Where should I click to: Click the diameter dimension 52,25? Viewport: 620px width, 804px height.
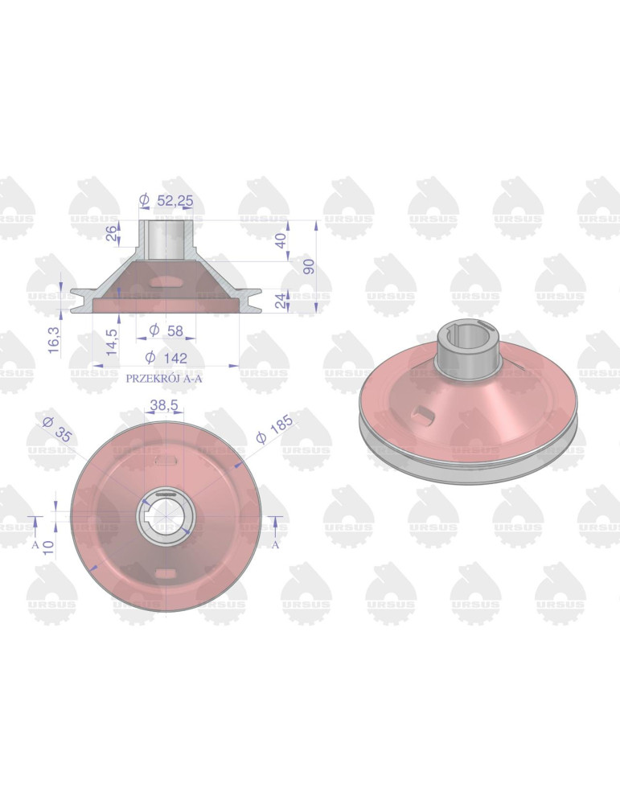point(166,200)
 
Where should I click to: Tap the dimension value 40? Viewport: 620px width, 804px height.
point(281,240)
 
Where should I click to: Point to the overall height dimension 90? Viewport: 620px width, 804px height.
point(309,267)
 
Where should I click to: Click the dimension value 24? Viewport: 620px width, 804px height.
point(281,301)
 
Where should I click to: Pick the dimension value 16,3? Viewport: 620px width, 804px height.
point(53,340)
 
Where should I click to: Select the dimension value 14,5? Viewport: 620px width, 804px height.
point(112,342)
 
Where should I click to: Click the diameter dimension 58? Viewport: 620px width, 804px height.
point(166,330)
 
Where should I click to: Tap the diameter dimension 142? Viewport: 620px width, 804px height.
point(166,358)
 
